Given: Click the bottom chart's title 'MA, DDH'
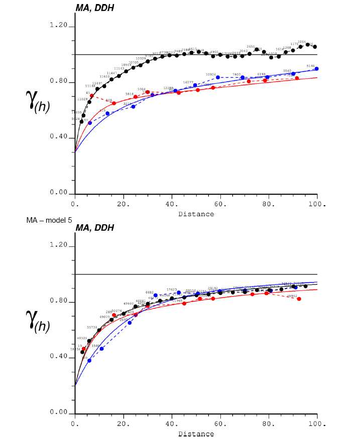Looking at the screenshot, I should (x=95, y=228).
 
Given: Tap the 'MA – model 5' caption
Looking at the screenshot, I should (x=49, y=220).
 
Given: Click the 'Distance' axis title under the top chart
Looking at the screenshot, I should (x=196, y=214).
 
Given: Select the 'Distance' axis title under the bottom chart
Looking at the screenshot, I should (x=196, y=433).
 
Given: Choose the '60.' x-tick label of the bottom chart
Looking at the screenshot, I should (x=221, y=424).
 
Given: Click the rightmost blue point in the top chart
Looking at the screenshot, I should (x=316, y=69).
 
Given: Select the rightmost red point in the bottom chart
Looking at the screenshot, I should (x=299, y=299).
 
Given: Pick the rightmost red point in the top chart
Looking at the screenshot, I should (x=297, y=78).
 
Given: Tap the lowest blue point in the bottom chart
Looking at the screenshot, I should (x=89, y=361).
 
